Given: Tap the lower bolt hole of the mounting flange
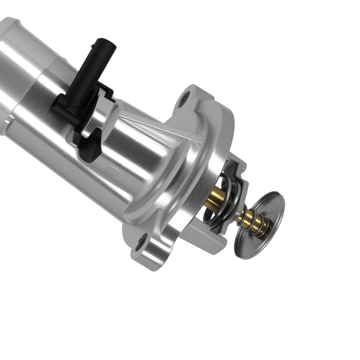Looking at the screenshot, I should tap(141, 242).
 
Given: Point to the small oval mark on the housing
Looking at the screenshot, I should tap(113, 172).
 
